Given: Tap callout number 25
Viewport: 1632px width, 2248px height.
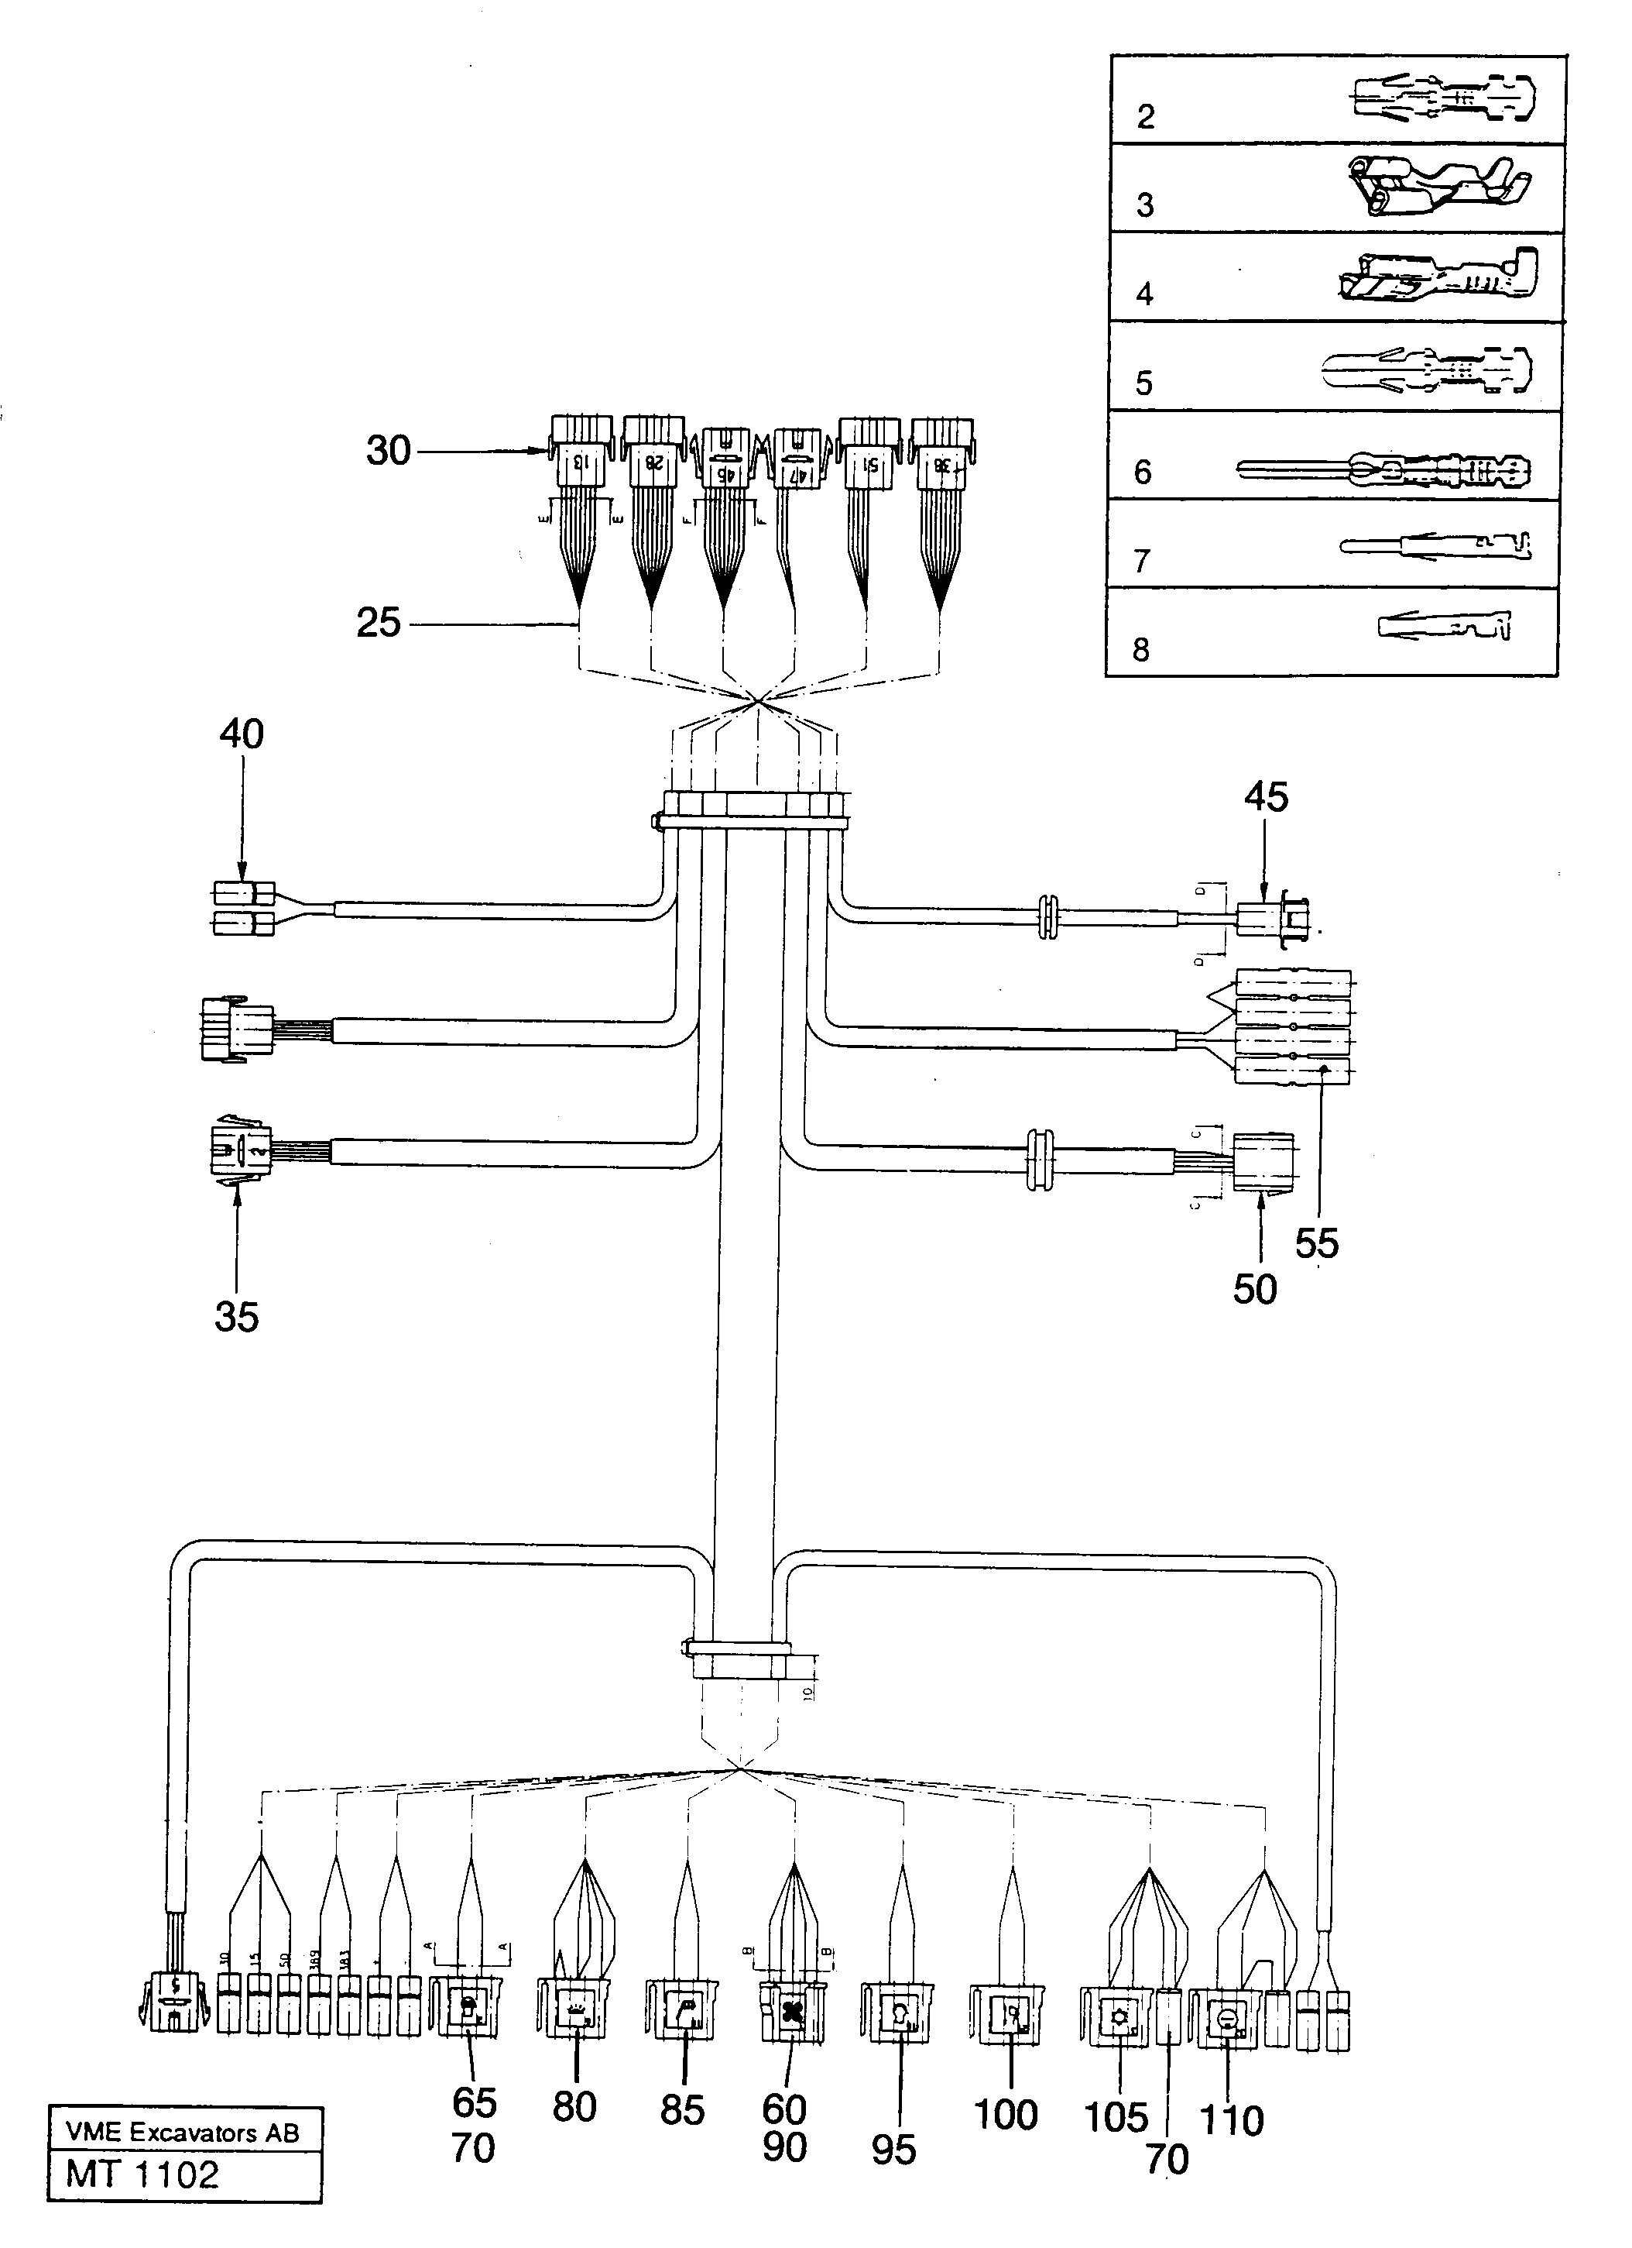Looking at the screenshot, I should tap(378, 624).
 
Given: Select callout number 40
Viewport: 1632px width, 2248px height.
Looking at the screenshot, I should tap(241, 734).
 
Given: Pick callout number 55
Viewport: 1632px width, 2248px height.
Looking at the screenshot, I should tap(1316, 1243).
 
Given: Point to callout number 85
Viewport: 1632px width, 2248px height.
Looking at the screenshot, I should tap(682, 2110).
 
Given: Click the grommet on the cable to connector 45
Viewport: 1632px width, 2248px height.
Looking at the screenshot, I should tap(1047, 918).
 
